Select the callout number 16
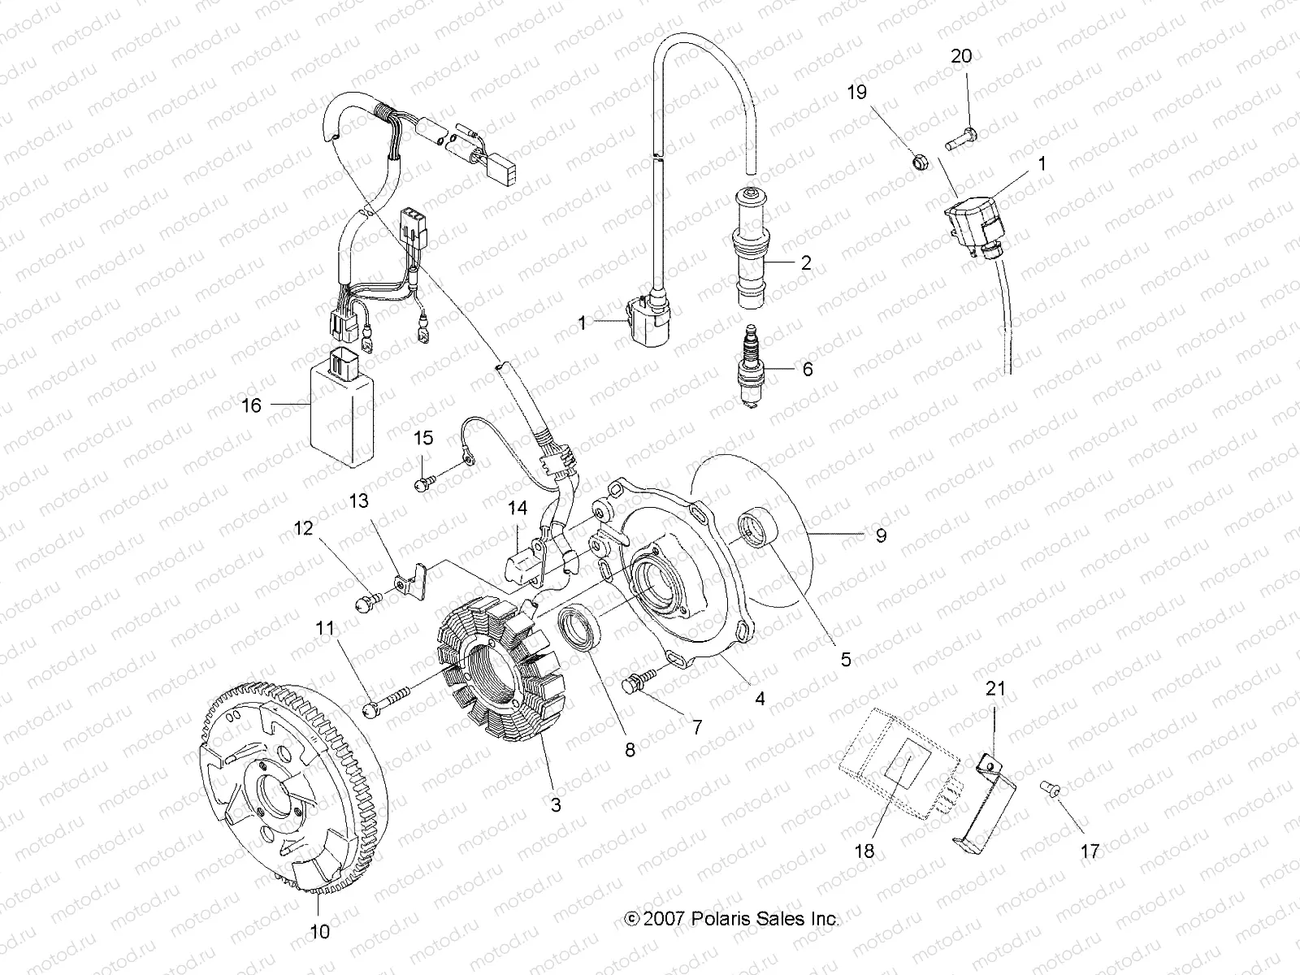(252, 404)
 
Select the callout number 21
(995, 689)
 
